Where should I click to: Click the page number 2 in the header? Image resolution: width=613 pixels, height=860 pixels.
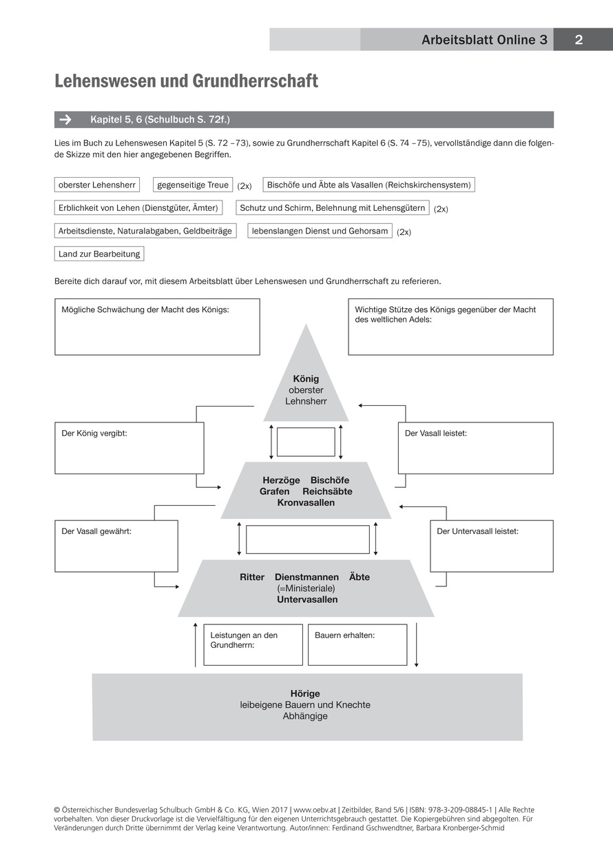[579, 40]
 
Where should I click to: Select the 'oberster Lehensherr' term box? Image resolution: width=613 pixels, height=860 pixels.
[96, 185]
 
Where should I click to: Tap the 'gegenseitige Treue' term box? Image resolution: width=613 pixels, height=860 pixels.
[193, 185]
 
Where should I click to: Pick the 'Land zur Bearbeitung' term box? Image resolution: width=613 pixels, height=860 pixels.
[99, 254]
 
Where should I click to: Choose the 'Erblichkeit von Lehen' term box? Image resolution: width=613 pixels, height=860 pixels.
[138, 207]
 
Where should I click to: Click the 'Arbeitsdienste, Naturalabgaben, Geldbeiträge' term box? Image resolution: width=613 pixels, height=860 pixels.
[145, 231]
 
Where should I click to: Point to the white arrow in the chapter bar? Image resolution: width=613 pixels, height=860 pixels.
[65, 119]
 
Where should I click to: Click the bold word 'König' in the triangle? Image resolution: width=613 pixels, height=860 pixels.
[306, 379]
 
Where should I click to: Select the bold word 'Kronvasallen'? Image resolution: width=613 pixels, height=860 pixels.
[306, 502]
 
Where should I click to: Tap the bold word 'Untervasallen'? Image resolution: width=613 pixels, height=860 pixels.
[307, 600]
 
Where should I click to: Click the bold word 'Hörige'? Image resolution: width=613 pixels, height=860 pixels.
[305, 693]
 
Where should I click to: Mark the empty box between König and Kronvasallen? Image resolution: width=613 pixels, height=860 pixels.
[306, 442]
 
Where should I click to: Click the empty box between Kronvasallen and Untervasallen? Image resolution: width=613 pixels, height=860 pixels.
[307, 540]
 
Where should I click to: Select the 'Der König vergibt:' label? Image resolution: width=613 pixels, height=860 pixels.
[94, 433]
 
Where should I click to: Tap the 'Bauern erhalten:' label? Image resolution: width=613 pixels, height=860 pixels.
[344, 635]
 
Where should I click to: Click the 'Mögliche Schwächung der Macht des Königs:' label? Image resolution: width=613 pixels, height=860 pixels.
[145, 310]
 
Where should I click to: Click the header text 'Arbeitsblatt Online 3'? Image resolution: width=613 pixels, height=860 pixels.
[484, 40]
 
